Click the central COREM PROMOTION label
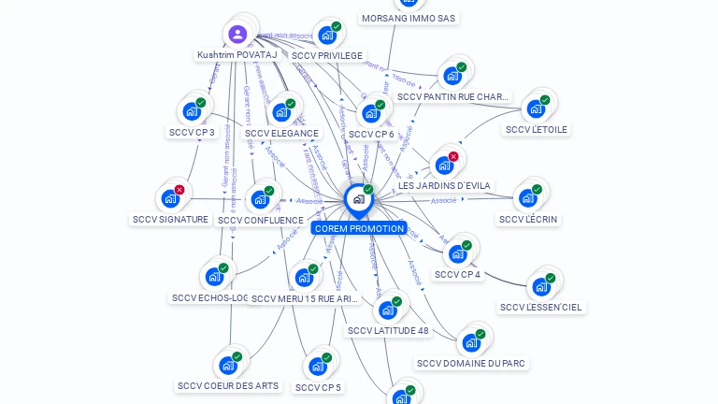click(x=359, y=228)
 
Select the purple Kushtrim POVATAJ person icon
click(x=237, y=35)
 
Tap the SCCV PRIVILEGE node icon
click(x=326, y=36)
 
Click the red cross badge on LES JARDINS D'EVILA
click(x=453, y=156)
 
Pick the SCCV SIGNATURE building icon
click(x=169, y=198)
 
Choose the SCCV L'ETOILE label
click(x=536, y=129)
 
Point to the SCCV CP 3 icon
click(x=192, y=111)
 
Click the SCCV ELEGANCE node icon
click(x=280, y=112)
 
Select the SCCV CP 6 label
click(x=371, y=134)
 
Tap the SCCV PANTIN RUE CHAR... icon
click(x=452, y=75)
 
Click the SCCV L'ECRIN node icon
click(x=527, y=197)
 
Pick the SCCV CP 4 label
click(x=457, y=274)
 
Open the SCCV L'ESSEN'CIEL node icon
click(x=540, y=286)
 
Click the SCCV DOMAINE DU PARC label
click(x=471, y=363)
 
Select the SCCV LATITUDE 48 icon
click(x=387, y=310)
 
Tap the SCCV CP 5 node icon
click(x=317, y=366)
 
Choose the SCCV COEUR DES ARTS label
click(x=228, y=385)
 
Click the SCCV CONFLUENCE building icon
click(x=259, y=199)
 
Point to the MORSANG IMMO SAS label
click(x=409, y=18)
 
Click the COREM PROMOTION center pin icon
click(x=357, y=198)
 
